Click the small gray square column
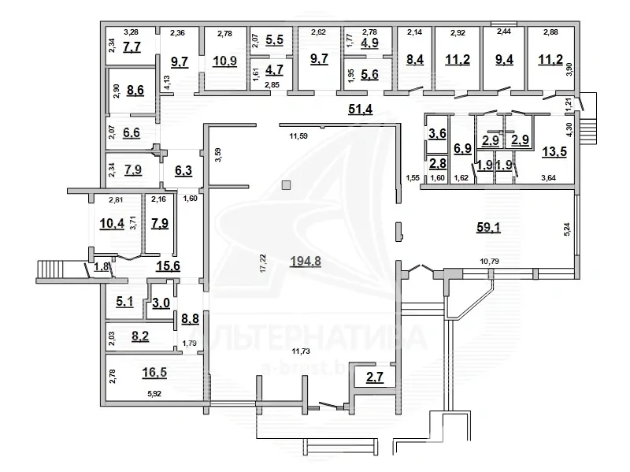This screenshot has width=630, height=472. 287,185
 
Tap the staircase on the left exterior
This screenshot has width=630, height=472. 55,272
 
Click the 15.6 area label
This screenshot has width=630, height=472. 166,266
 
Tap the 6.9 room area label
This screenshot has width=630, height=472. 462,147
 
